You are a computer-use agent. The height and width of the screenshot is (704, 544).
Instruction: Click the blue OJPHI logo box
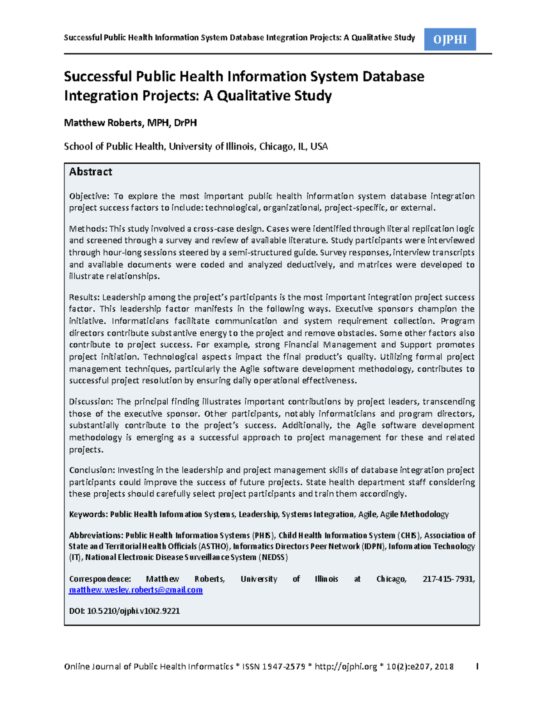tap(450, 39)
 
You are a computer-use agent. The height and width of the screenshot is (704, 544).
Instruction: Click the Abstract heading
tap(90, 172)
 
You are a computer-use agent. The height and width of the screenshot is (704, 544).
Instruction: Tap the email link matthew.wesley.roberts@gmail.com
tap(136, 590)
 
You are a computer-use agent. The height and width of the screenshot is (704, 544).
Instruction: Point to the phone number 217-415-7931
tap(448, 579)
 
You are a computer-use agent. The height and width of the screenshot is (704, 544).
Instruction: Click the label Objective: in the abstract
tap(89, 196)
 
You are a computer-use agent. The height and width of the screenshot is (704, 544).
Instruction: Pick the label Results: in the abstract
tap(84, 297)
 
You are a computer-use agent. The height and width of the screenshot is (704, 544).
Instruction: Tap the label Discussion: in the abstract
tap(91, 402)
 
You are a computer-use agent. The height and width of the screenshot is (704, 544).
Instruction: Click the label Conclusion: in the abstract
tap(92, 470)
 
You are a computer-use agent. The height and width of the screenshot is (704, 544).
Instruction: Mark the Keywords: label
tap(88, 514)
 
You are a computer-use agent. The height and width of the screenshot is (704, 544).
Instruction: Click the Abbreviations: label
tap(96, 535)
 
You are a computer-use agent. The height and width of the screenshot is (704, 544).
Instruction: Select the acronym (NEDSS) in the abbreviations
tap(273, 557)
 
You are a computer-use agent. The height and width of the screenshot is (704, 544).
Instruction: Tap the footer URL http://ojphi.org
tap(345, 666)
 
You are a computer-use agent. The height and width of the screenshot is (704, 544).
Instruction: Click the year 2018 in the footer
tap(444, 666)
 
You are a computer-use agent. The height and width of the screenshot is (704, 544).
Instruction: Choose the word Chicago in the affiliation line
tap(276, 146)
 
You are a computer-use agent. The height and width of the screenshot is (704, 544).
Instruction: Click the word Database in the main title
tap(393, 77)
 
